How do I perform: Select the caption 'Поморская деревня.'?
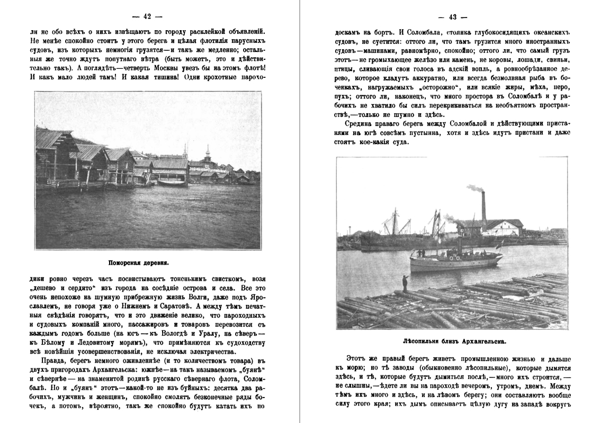point(146,262)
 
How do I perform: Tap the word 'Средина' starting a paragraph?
point(361,123)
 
